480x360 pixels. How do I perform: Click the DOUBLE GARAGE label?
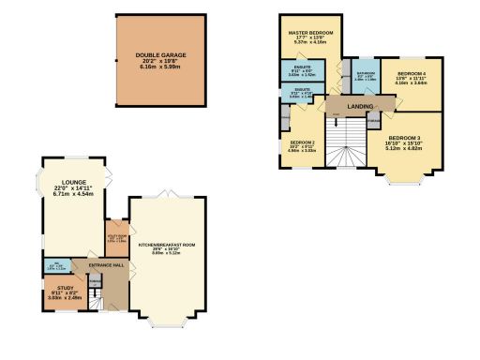160,55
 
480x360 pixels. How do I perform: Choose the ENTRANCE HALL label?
107,264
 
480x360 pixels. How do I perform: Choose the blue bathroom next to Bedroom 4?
365,77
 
